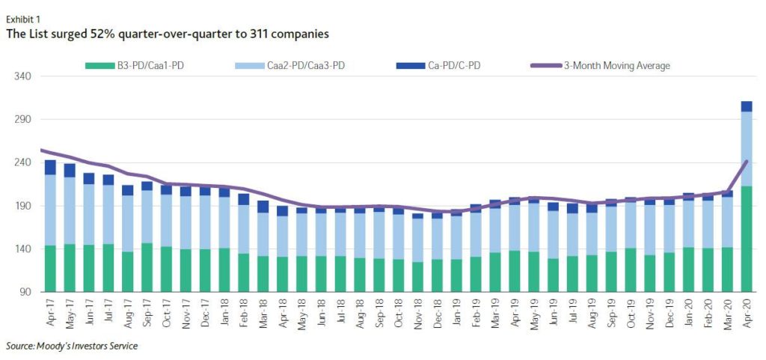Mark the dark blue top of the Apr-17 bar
(50, 167)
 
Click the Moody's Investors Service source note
(72, 346)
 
